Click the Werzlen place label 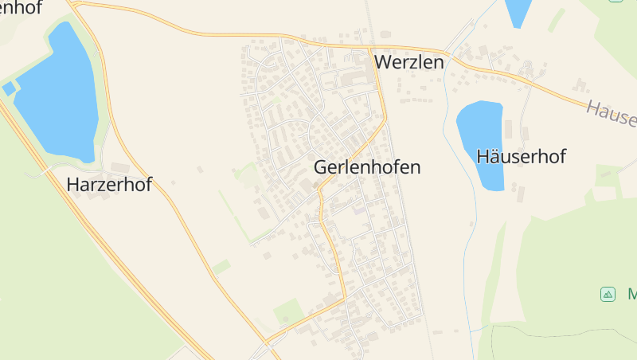coord(408,62)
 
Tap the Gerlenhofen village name coord(367,167)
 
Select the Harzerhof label coord(109,185)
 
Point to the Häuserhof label coord(521,156)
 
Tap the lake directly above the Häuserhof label coord(480,127)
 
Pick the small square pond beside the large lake coord(9,88)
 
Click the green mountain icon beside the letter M coord(608,294)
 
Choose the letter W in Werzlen coord(384,62)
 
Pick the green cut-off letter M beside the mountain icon coord(632,294)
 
